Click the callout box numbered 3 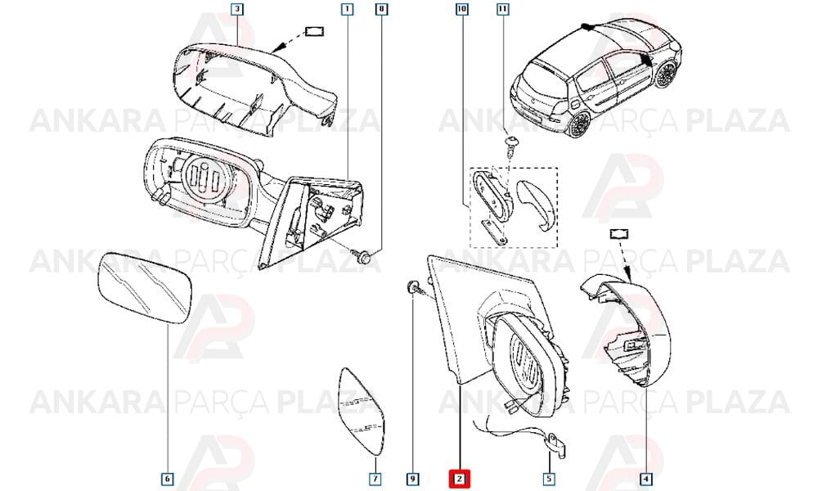pos(237,9)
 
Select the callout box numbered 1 pos(347,9)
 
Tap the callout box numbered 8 pos(382,9)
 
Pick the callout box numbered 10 pos(461,9)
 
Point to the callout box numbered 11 pos(502,9)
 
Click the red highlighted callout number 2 pos(459,478)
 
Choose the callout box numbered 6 pos(167,479)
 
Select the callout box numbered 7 pos(375,479)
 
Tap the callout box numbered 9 pos(412,479)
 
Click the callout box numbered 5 pos(549,479)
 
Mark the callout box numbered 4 pos(645,479)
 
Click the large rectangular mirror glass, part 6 pos(145,288)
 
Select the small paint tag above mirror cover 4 pos(618,234)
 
